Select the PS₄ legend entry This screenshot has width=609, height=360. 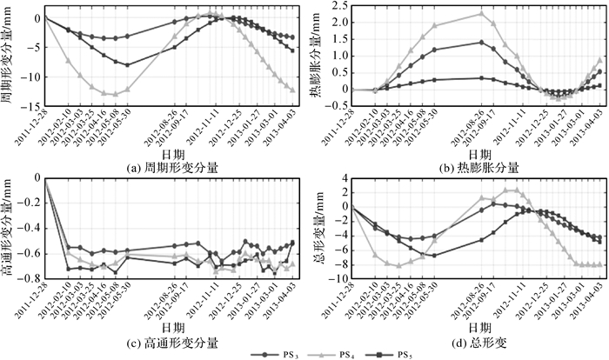click(339, 353)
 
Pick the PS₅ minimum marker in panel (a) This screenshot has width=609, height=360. click(127, 65)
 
